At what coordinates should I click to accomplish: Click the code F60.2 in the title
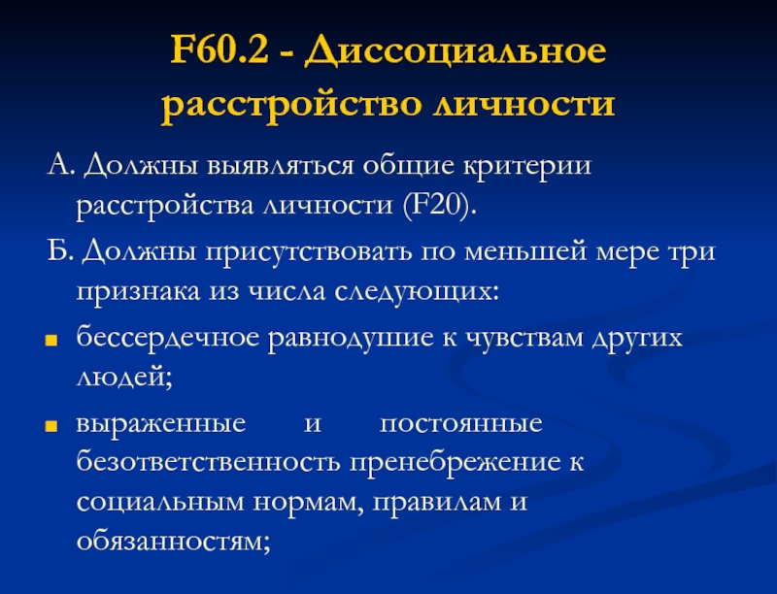pos(220,49)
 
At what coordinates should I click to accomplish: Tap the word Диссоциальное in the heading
pos(455,51)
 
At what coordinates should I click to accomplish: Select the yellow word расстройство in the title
pos(290,106)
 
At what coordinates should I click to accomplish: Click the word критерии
pos(527,166)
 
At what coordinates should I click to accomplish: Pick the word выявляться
pos(280,165)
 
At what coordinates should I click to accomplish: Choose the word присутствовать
pos(308,252)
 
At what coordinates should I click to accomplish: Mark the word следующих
pos(417,291)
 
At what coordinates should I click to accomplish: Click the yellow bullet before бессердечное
pos(51,341)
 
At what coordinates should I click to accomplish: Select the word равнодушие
pos(351,339)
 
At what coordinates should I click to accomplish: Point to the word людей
pos(124,378)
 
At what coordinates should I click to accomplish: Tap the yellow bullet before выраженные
pos(51,426)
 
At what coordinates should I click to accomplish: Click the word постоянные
pos(460,424)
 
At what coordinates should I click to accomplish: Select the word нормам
pos(308,503)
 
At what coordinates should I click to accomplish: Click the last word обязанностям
pos(174,541)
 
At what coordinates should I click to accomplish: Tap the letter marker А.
pos(60,165)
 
